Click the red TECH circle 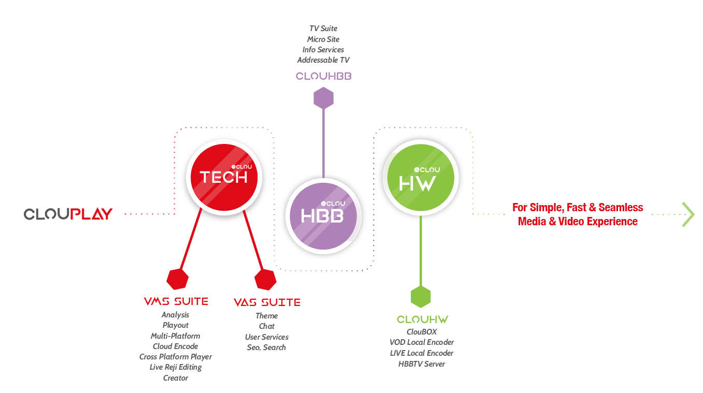coord(224,177)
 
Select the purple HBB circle coord(323,215)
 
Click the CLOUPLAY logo coord(68,214)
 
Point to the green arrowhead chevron coord(688,214)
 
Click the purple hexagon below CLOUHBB coord(323,98)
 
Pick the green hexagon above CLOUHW coord(421,297)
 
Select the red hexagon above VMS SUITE coord(177,279)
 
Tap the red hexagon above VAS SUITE coord(265,279)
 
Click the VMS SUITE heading coord(176,301)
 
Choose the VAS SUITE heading coord(267,302)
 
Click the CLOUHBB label coord(324,76)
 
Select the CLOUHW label coord(422,319)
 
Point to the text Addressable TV coord(323,60)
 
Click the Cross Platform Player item coord(176,357)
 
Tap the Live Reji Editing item coord(176,367)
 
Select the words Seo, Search coord(266,347)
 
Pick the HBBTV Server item coord(422,364)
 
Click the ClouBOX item coord(422,331)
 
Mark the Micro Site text coord(323,39)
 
